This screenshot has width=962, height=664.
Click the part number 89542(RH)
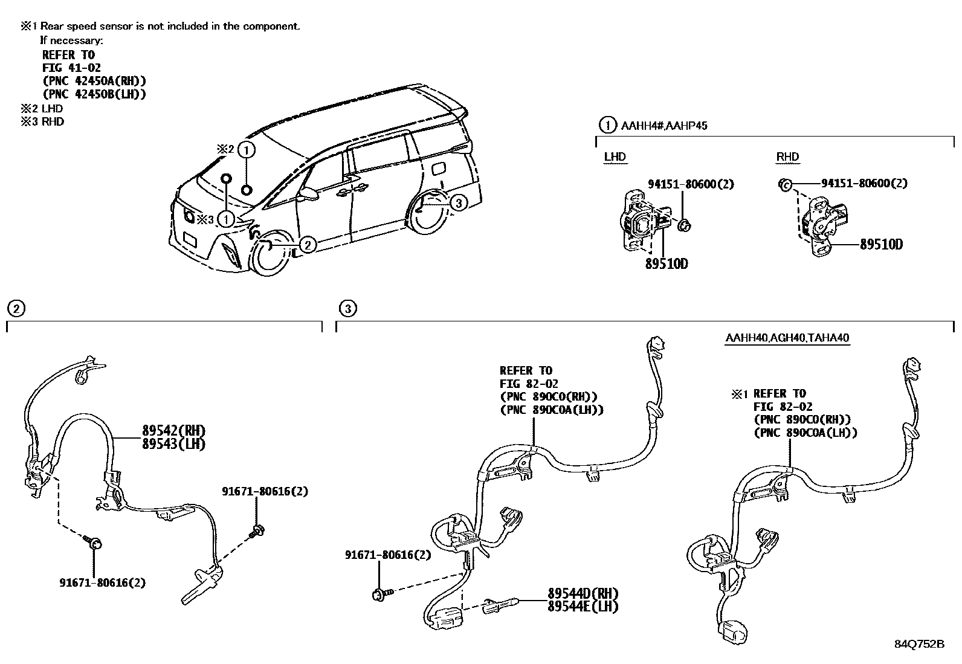(x=174, y=431)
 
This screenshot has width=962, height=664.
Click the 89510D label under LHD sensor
(x=667, y=264)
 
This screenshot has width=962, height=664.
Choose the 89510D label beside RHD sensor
(x=881, y=245)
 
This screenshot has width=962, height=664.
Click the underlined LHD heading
(x=615, y=157)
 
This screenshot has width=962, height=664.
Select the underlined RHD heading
(x=787, y=157)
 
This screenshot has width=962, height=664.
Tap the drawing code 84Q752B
(x=919, y=644)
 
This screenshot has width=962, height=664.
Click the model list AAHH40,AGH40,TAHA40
(x=787, y=338)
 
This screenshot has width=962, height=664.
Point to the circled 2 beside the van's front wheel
(x=307, y=244)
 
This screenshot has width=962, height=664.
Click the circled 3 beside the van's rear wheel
(x=459, y=203)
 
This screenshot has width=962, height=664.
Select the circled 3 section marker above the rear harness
(x=347, y=309)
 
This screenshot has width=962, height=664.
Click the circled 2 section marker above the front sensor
(x=16, y=309)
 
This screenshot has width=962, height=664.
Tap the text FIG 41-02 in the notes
(x=71, y=68)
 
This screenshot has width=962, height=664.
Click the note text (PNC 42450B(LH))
(x=94, y=94)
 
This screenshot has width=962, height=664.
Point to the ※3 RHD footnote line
(x=42, y=121)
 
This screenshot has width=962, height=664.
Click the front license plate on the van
(x=190, y=238)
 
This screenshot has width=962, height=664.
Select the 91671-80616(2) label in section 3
(x=388, y=555)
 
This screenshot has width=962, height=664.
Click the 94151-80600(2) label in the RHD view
(x=864, y=183)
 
